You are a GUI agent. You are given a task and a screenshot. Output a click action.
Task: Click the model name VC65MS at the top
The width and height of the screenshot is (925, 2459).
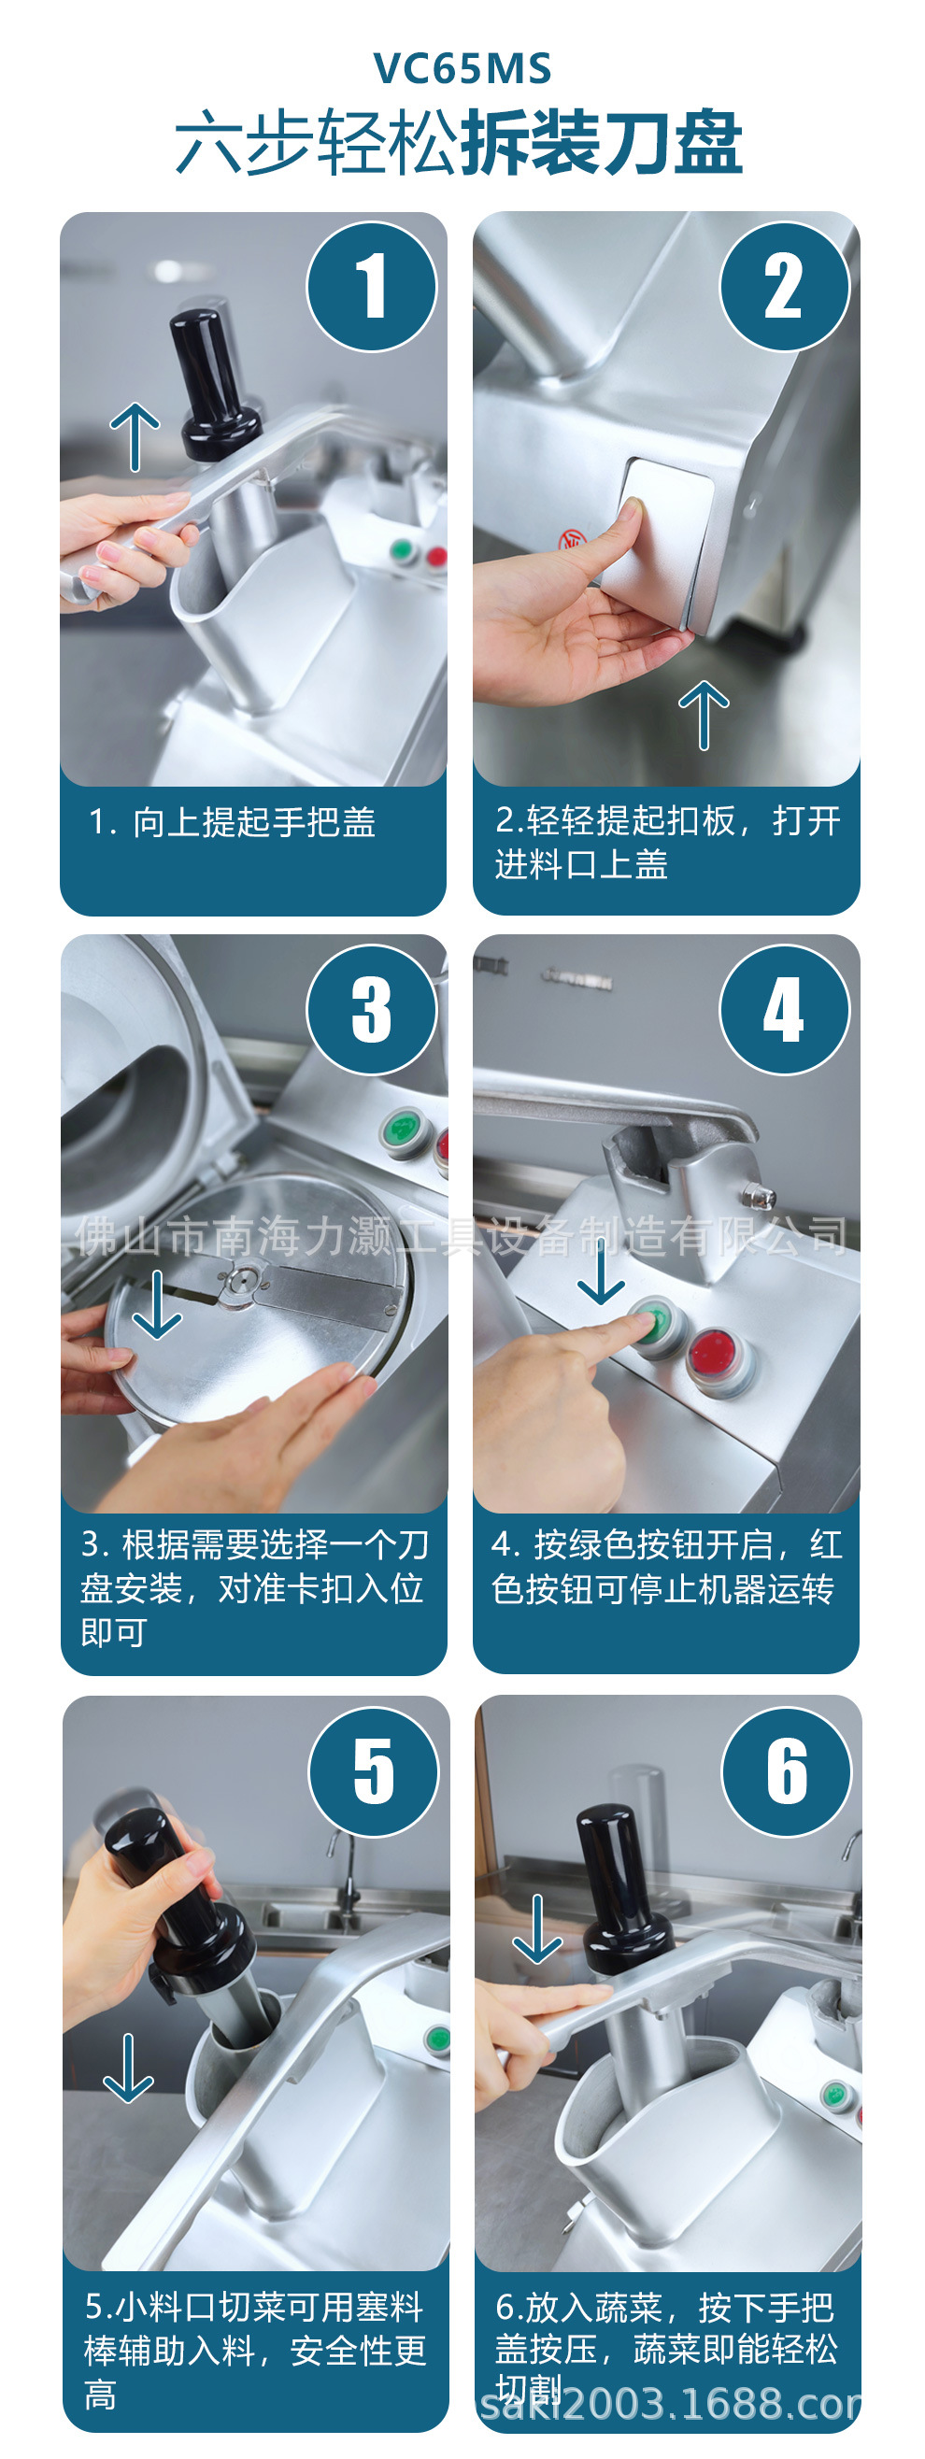coord(462,69)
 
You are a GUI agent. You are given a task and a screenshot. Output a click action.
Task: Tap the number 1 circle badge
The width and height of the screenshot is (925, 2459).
coord(371,287)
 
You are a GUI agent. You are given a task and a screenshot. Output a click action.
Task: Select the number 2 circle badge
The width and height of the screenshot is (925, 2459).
coord(784,287)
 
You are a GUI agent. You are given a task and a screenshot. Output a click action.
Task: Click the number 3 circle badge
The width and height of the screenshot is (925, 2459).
coord(371,1010)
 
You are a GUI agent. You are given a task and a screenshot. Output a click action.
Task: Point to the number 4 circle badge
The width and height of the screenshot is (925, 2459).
coord(784,1010)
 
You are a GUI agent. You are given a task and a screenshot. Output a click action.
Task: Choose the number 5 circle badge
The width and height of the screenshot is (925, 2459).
coord(373,1771)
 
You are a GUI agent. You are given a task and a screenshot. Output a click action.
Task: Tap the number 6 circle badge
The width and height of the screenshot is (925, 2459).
coord(787,1771)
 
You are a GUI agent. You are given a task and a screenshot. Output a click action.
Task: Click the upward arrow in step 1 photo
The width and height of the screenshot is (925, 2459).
coord(135,436)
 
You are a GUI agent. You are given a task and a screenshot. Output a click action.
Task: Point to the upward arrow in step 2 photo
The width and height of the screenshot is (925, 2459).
coord(704,715)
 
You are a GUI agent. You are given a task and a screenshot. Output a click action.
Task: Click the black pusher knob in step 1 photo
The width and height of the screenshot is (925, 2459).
coord(214,377)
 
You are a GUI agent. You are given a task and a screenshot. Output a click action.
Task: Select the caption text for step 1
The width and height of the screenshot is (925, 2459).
coord(232,822)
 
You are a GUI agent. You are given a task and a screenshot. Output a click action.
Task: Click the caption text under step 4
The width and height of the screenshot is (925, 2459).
coord(666,1567)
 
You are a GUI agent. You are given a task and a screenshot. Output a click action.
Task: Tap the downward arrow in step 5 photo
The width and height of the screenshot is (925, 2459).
coord(129,2068)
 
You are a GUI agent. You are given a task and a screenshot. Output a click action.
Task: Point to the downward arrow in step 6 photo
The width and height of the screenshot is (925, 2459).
coord(538,1928)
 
